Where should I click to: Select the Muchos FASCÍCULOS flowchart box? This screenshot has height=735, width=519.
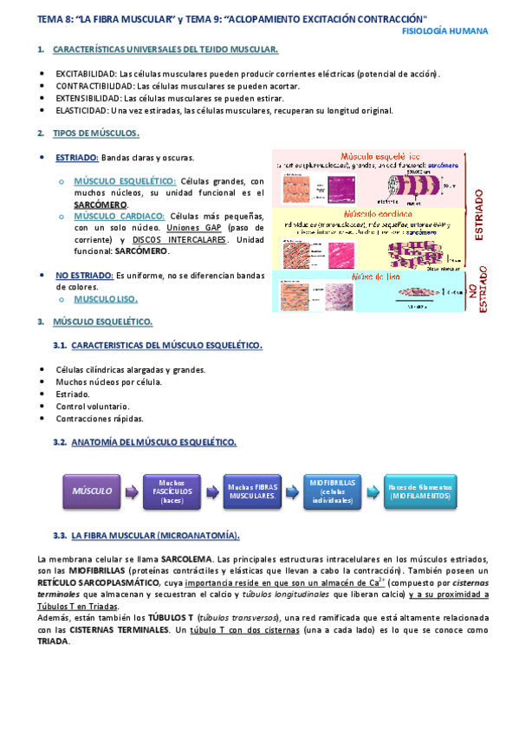[x=172, y=491]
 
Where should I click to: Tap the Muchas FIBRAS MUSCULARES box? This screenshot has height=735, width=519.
[x=253, y=491]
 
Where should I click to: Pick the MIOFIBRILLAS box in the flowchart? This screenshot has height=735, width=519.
[x=334, y=491]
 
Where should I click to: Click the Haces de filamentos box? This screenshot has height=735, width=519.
[x=418, y=491]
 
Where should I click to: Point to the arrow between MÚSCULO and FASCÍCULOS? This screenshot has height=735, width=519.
[x=131, y=491]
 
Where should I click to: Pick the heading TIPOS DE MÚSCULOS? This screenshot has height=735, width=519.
[x=95, y=133]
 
